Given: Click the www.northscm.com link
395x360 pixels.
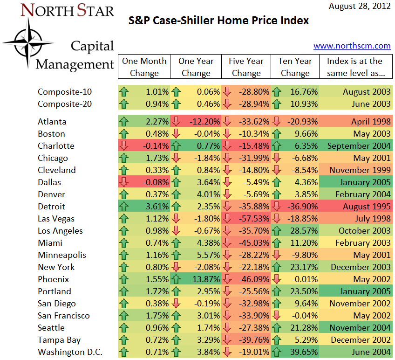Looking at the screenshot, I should click(x=352, y=46).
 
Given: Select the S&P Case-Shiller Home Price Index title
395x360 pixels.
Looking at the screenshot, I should click(x=218, y=21).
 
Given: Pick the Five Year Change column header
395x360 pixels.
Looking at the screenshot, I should click(x=246, y=67).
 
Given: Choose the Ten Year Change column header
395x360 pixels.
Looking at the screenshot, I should click(x=295, y=67).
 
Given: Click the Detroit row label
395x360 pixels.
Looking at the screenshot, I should click(x=51, y=207).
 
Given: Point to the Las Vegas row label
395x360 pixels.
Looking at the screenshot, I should click(x=56, y=219).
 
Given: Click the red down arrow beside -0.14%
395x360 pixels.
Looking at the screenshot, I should click(x=124, y=146).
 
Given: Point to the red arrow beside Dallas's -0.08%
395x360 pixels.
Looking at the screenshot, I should click(x=124, y=182).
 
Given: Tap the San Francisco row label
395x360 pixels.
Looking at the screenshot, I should click(x=63, y=316).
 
